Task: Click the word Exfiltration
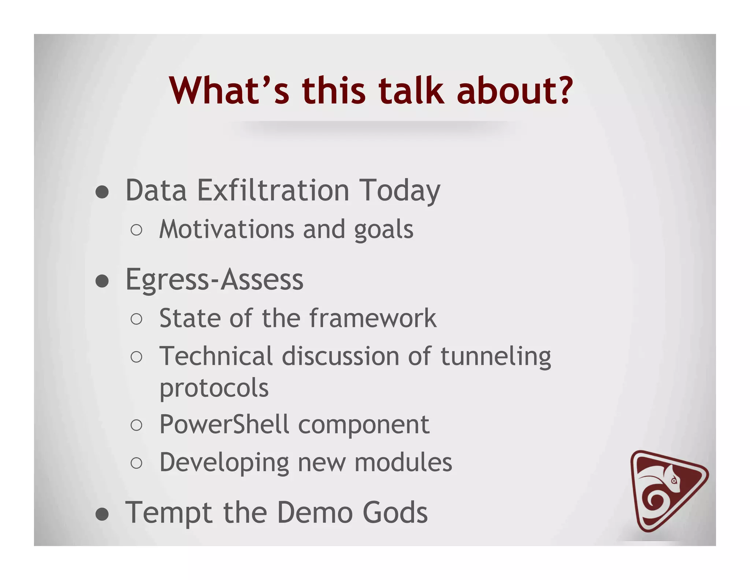tap(273, 190)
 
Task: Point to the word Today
tap(400, 191)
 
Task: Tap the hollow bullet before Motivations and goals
tap(136, 230)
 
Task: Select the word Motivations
tap(227, 230)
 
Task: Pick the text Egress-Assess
tap(214, 279)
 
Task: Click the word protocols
tap(214, 388)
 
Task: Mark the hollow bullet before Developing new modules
tap(136, 463)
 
